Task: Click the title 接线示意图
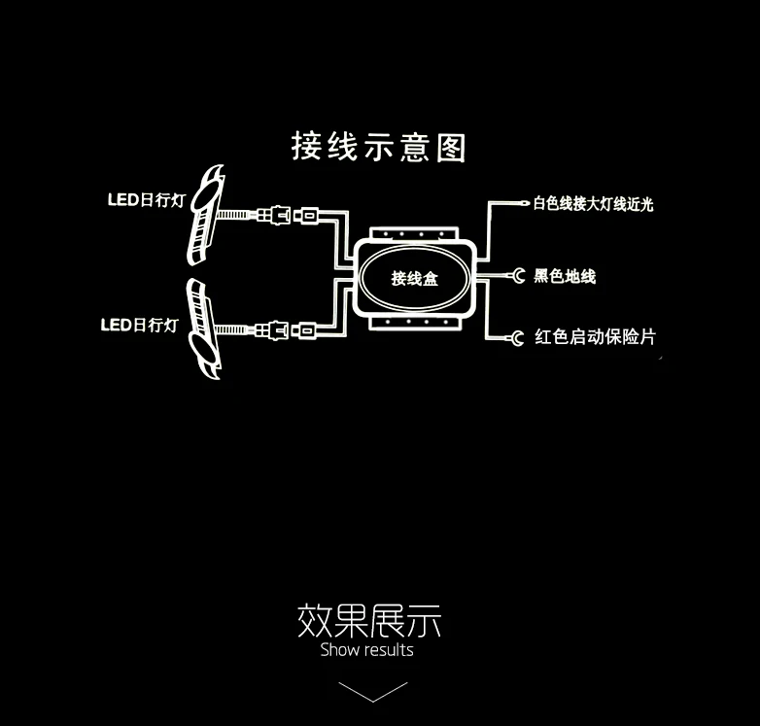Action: (x=379, y=147)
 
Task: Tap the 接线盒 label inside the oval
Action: (x=414, y=278)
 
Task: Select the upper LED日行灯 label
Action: (x=147, y=199)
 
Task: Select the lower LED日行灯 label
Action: (x=140, y=325)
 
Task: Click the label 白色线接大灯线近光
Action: (x=593, y=204)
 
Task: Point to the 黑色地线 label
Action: (x=565, y=276)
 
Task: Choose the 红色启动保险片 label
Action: (x=595, y=337)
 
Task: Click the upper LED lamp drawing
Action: (x=205, y=214)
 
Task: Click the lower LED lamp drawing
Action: (x=203, y=328)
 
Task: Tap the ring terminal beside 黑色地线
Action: (x=518, y=276)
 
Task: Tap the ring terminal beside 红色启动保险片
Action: (x=517, y=337)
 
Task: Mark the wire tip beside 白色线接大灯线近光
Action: (x=525, y=203)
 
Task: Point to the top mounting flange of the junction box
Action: (x=414, y=233)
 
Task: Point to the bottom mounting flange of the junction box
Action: (x=413, y=323)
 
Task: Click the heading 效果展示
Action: (x=369, y=621)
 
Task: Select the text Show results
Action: (x=367, y=650)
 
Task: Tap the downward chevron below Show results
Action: (x=373, y=692)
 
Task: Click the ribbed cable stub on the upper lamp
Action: (x=233, y=214)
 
